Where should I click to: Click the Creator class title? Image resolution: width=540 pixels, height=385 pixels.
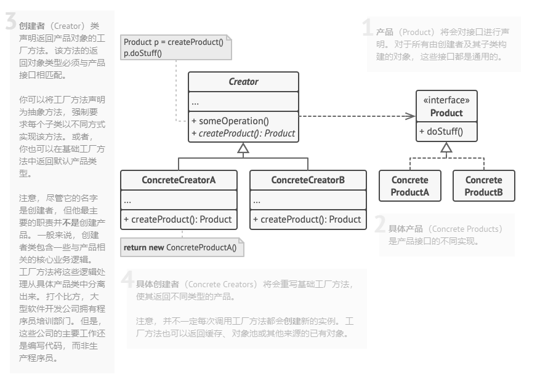[x=243, y=82]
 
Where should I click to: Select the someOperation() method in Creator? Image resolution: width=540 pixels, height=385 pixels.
[x=230, y=121]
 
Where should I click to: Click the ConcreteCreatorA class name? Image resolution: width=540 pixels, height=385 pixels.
[x=179, y=180]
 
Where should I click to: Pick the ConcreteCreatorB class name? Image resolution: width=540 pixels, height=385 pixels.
[x=308, y=180]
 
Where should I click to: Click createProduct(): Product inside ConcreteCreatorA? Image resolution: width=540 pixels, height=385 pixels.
[x=179, y=219]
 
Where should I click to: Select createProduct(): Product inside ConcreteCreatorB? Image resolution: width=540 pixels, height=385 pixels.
[x=308, y=219]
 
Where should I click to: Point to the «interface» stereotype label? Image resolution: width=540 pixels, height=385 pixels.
[x=446, y=101]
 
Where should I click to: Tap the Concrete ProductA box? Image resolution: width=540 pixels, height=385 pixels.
[x=409, y=186]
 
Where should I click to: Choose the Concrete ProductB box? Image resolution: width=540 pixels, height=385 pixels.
[x=483, y=186]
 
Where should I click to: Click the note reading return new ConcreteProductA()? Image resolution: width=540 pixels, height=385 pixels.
[x=183, y=247]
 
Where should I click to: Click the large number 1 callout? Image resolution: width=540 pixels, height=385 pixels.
[x=367, y=28]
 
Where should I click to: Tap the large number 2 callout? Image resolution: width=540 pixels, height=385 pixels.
[x=381, y=224]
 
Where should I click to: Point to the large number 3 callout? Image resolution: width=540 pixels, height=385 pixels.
[x=10, y=22]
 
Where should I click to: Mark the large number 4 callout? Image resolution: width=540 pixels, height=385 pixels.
[x=127, y=279]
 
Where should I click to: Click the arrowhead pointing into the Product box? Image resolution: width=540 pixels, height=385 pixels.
[x=412, y=116]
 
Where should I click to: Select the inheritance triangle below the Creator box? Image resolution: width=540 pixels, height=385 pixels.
[x=243, y=148]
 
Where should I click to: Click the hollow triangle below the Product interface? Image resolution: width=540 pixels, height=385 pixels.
[x=446, y=147]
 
